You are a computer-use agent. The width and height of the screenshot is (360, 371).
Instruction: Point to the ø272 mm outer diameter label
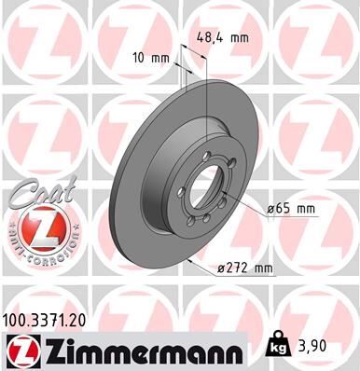point(241,269)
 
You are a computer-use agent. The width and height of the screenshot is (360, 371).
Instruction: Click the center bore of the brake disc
point(204,190)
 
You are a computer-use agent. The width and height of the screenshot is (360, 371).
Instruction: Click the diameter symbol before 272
point(219,269)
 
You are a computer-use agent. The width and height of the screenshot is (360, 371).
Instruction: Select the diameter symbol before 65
point(270,209)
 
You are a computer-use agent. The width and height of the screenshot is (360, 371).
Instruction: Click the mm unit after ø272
point(262,269)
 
